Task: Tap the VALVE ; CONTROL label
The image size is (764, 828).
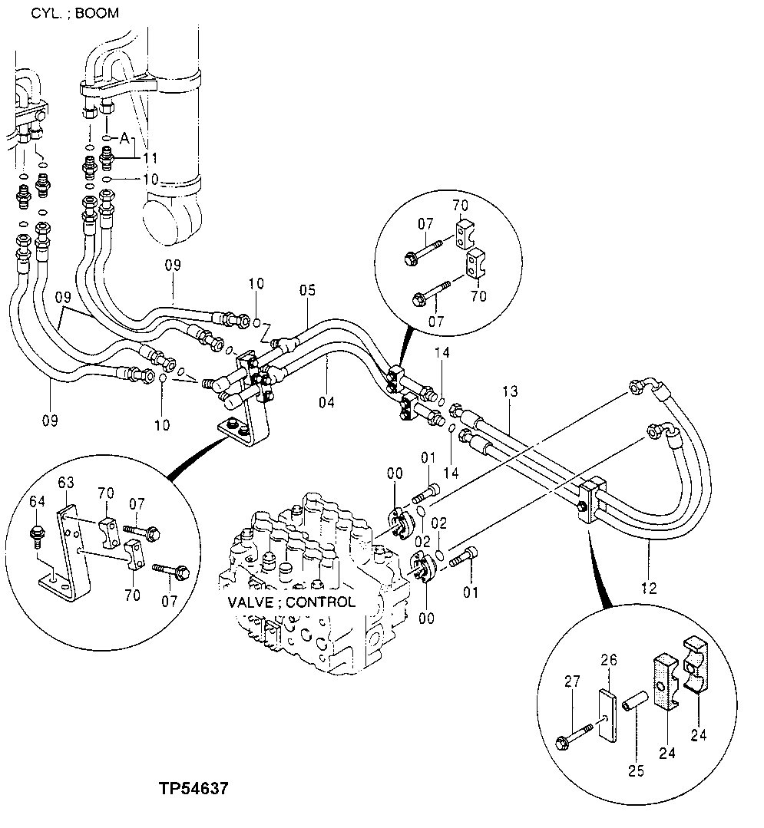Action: [x=292, y=602]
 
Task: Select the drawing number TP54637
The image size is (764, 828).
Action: [x=193, y=788]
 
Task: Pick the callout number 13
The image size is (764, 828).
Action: [x=511, y=391]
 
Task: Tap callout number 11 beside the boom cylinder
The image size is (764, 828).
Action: [x=150, y=158]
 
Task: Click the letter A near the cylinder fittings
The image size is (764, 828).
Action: [x=124, y=139]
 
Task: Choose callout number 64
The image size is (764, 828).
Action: [x=35, y=503]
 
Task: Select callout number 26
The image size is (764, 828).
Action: [x=608, y=660]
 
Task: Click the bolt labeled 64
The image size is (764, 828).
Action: [x=36, y=533]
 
